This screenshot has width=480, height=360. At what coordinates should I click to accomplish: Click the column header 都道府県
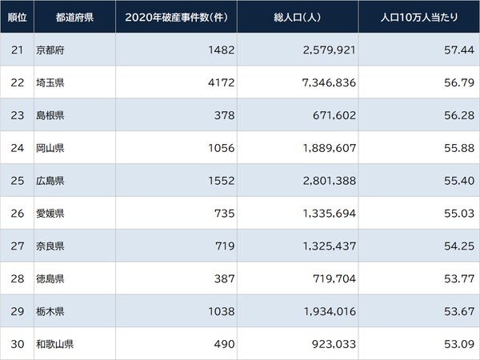point(74,16)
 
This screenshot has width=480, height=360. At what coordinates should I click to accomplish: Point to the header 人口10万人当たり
point(419,16)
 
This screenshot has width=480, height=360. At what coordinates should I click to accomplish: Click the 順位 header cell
point(17,16)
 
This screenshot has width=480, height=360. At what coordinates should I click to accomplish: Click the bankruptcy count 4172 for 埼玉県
point(219,82)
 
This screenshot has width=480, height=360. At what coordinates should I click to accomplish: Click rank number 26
point(16,214)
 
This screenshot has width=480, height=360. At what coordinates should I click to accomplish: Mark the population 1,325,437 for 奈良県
point(324,246)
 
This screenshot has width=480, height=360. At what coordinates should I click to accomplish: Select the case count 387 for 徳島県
point(222,279)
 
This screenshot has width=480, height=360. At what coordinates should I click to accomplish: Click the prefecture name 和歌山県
point(55,345)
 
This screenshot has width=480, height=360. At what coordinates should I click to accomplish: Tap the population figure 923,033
point(330,345)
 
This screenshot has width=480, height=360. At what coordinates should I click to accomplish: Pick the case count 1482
point(219,50)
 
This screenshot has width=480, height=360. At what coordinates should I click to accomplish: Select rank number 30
point(16,345)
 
